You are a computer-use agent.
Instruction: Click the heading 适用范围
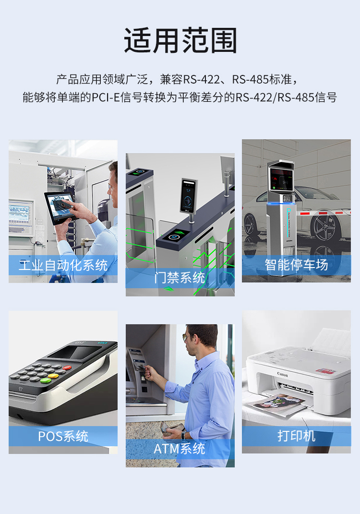tap(180, 41)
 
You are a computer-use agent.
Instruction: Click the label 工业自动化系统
tap(63, 265)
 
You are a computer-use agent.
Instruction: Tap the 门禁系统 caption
tap(180, 278)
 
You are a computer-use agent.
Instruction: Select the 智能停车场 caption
tap(296, 265)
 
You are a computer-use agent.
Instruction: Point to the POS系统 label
tap(63, 436)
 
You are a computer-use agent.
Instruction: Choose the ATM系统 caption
tap(180, 449)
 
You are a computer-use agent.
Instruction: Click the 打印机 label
tap(296, 436)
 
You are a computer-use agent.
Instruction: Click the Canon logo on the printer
tap(282, 374)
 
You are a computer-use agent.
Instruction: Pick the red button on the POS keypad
tap(67, 367)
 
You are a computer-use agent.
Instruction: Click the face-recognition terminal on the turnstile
tap(188, 196)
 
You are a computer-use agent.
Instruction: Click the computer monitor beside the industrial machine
tap(20, 213)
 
